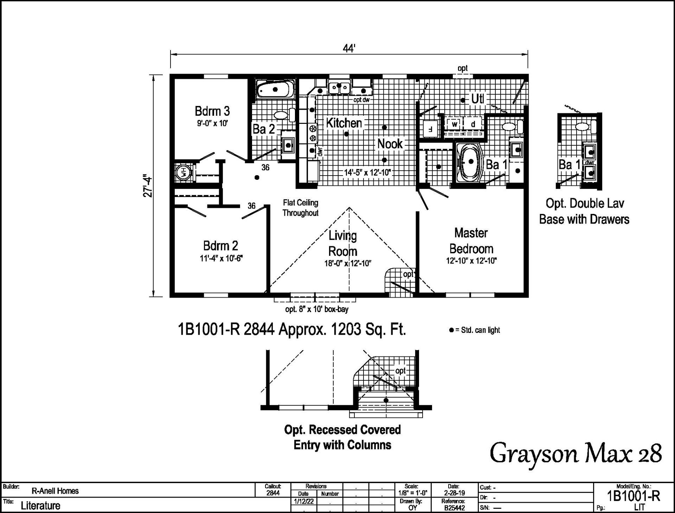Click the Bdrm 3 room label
click(212, 111)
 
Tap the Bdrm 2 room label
click(220, 246)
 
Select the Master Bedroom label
click(471, 241)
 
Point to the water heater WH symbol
click(183, 172)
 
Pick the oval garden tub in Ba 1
click(470, 162)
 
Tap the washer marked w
click(455, 124)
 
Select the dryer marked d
click(473, 124)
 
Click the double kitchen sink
click(339, 87)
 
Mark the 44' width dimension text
click(349, 49)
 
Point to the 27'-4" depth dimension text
click(148, 186)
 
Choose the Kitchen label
click(344, 123)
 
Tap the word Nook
click(390, 144)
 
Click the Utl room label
click(477, 99)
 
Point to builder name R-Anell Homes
click(55, 491)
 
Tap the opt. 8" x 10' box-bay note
click(317, 309)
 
